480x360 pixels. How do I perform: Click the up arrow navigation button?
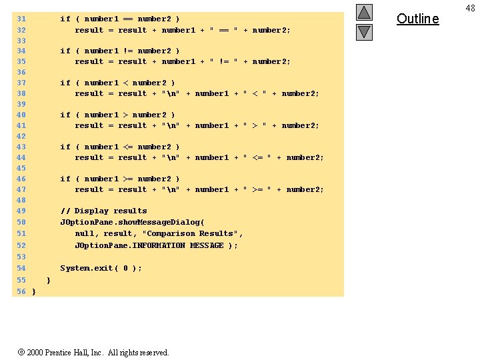(x=364, y=12)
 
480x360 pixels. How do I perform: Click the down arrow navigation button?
(x=364, y=31)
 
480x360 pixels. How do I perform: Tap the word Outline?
(x=418, y=19)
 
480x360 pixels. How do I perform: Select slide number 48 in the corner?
(x=469, y=7)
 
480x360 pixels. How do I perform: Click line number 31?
(x=21, y=19)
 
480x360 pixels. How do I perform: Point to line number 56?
(x=21, y=291)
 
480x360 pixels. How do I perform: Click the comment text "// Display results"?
(x=103, y=211)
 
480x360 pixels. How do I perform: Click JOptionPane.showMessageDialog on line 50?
(x=132, y=222)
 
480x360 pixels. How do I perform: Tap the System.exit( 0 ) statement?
(x=101, y=269)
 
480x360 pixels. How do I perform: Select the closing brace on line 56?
(x=33, y=291)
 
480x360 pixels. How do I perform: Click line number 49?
(x=21, y=211)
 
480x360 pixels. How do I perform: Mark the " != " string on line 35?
(x=224, y=62)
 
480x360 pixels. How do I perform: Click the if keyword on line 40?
(x=65, y=115)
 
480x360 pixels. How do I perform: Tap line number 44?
(x=21, y=158)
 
